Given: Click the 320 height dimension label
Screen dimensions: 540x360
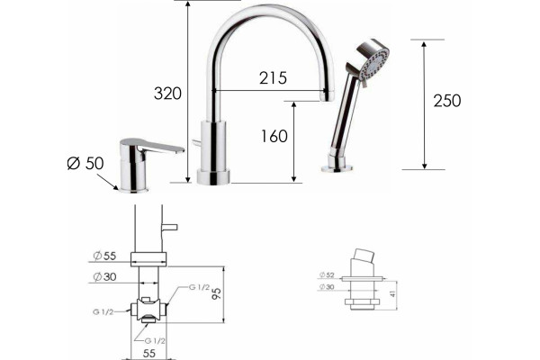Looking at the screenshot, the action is click(x=167, y=94).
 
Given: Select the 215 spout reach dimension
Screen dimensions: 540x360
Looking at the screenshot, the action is click(x=273, y=78).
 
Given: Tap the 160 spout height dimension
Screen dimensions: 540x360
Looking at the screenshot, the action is click(x=274, y=136).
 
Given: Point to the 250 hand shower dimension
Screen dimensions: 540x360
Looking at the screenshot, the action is click(x=447, y=101).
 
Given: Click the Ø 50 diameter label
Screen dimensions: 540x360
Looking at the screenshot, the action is click(x=85, y=163).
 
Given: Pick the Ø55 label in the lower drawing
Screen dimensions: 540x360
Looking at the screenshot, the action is click(x=104, y=256).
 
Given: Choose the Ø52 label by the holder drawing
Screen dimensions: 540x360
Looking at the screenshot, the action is click(x=327, y=274).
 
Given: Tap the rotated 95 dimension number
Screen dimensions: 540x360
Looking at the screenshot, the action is click(x=217, y=293).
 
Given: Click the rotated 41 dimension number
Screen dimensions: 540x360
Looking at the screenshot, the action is click(x=392, y=293).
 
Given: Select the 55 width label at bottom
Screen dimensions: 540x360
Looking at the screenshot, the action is click(x=148, y=353).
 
